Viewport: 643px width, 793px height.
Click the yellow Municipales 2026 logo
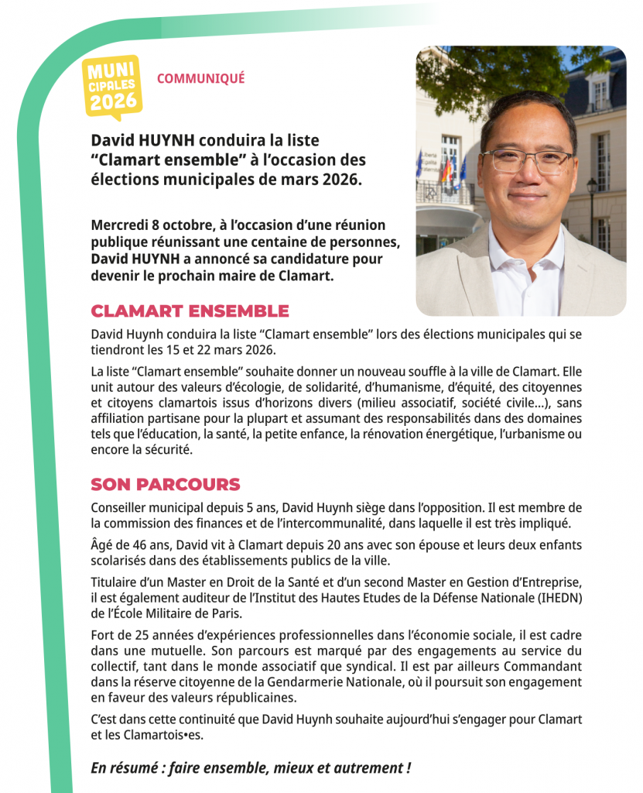(x=112, y=86)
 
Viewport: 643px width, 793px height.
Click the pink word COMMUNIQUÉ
(x=200, y=78)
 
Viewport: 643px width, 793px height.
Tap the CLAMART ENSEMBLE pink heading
(x=190, y=311)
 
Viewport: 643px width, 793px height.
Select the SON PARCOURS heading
(x=166, y=485)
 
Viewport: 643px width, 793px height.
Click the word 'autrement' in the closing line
(x=363, y=768)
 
